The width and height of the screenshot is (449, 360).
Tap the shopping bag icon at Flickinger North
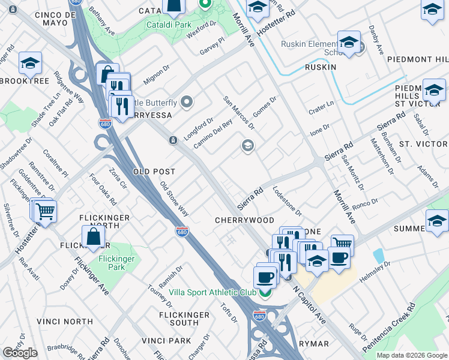[94, 237]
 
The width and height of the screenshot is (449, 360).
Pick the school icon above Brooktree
[29, 63]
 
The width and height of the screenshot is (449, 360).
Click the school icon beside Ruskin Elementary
[348, 41]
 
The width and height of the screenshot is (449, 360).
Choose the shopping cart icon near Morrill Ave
[342, 244]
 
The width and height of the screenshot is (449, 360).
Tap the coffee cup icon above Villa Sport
[265, 277]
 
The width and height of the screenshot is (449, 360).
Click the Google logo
[20, 353]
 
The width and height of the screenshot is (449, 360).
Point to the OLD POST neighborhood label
[154, 172]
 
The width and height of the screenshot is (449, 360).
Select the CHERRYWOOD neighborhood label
[244, 220]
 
